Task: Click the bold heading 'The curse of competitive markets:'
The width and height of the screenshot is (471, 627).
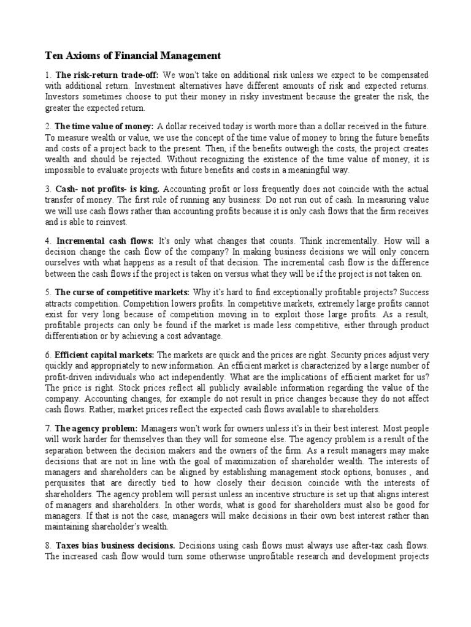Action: point(122,293)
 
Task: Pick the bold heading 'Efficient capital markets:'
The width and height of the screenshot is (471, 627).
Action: point(105,355)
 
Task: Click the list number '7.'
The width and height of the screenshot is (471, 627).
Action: point(48,429)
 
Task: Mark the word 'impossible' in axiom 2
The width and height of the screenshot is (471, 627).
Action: point(64,170)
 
